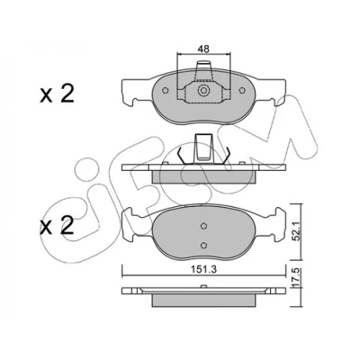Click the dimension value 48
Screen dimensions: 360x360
203,49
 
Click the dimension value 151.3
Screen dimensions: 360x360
204,269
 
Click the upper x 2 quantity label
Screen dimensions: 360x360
57,94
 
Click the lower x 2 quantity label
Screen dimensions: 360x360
57,226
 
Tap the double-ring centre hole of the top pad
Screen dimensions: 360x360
203,90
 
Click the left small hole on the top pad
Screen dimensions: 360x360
165,90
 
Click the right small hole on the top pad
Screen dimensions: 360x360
242,90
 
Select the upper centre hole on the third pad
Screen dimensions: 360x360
203,226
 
